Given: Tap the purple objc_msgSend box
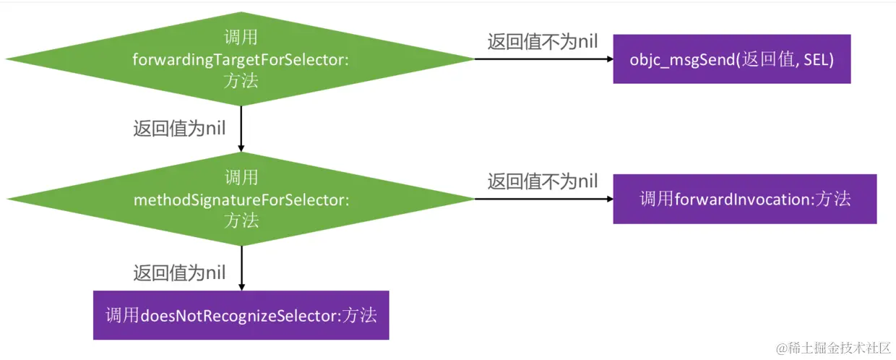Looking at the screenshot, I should click(x=731, y=59).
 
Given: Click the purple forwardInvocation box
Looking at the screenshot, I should click(x=744, y=199).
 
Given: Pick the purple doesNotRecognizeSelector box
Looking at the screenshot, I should click(x=241, y=315).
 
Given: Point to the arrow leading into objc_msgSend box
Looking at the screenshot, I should click(x=542, y=59).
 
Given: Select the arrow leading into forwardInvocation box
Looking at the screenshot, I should click(x=542, y=199).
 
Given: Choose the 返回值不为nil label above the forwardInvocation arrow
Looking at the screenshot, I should click(x=542, y=181).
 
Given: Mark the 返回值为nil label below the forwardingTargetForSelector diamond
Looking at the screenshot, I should click(x=179, y=129).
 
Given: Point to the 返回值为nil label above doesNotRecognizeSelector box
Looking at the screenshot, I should click(x=179, y=273).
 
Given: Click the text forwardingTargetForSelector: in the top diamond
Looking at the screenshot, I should click(x=241, y=59).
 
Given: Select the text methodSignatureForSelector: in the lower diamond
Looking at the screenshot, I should click(x=241, y=199).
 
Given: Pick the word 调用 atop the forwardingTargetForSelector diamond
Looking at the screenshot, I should click(x=241, y=38).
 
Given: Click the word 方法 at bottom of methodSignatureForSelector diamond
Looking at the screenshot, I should click(x=241, y=220).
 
